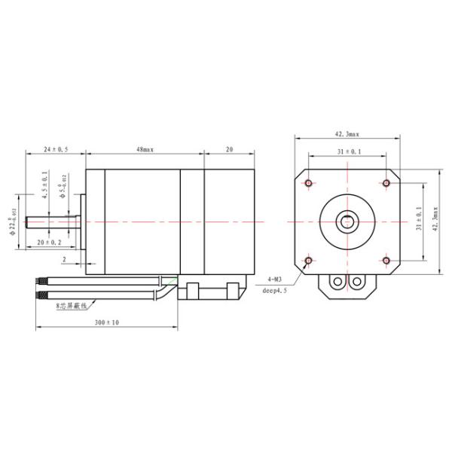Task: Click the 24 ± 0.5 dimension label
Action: (x=55, y=151)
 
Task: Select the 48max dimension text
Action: (x=145, y=151)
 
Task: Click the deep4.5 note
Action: (x=276, y=289)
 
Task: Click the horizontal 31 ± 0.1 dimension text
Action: (x=348, y=152)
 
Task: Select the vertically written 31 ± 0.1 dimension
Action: (x=418, y=219)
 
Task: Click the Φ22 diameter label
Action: (x=14, y=222)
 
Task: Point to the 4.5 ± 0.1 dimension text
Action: (x=45, y=185)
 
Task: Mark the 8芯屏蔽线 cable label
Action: (x=72, y=307)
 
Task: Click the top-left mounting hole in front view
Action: (x=309, y=183)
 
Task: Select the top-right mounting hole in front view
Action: (x=386, y=183)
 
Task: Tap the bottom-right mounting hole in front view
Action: (x=386, y=261)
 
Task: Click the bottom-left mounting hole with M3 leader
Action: (x=309, y=261)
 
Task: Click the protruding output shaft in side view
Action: (x=53, y=222)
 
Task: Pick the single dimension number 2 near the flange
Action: (x=65, y=258)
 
